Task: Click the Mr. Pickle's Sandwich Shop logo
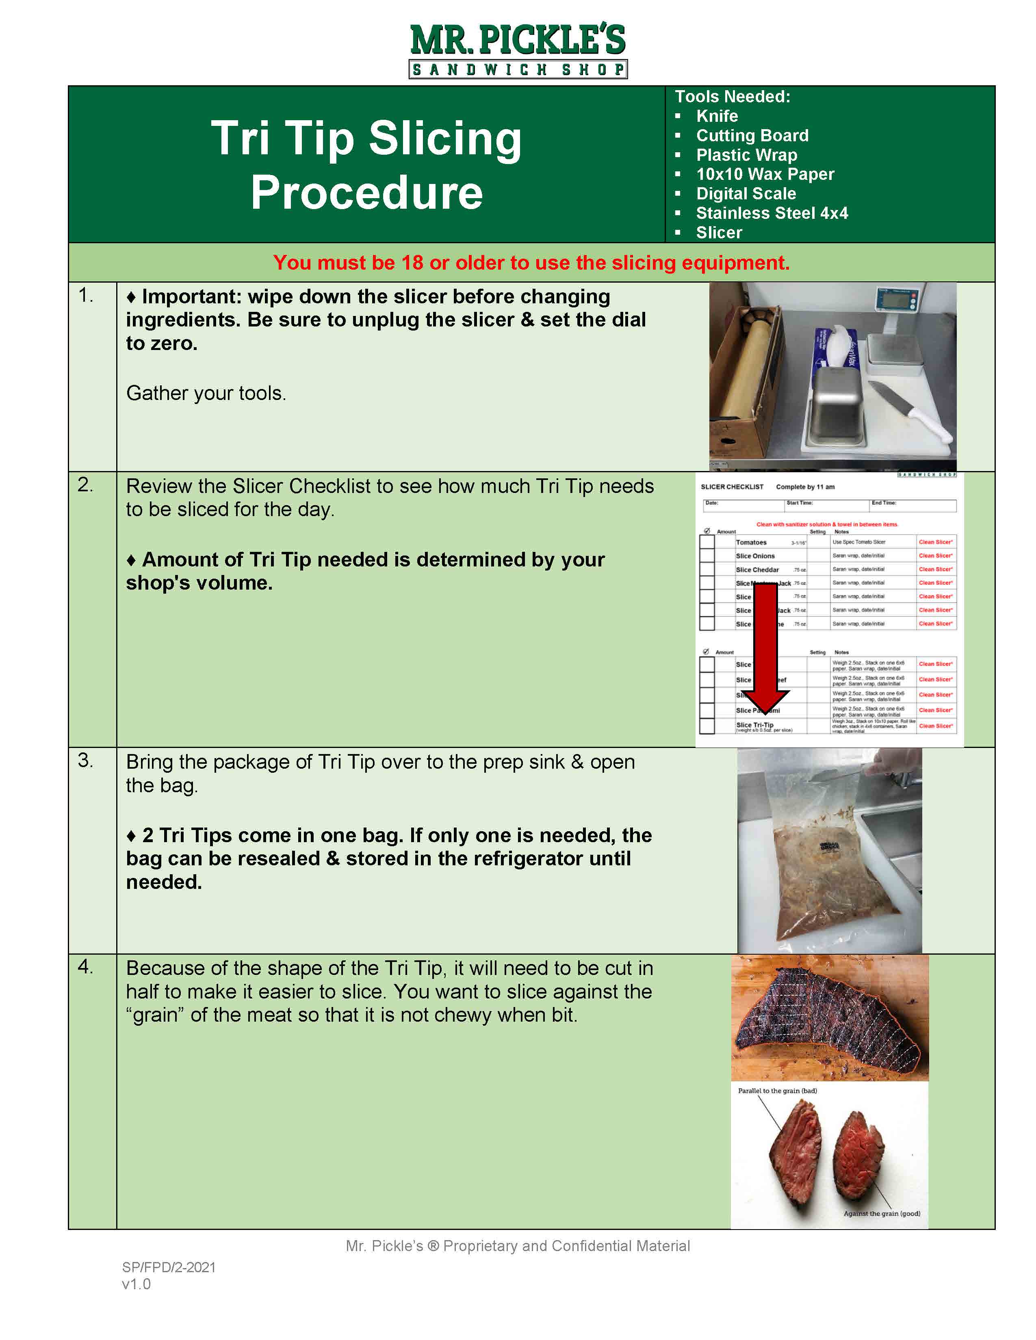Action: [x=518, y=51]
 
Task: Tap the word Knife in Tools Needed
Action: [x=716, y=116]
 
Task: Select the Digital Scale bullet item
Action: [x=746, y=193]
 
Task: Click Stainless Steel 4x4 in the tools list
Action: [x=772, y=213]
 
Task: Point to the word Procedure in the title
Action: [x=366, y=192]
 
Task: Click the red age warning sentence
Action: [x=531, y=263]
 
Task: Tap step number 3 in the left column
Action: [x=85, y=761]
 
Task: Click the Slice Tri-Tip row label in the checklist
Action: [x=754, y=724]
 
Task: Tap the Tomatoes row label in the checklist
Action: [x=751, y=542]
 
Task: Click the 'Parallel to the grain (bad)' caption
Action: [x=777, y=1091]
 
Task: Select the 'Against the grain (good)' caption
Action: [x=881, y=1214]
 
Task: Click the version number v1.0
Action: [x=136, y=1284]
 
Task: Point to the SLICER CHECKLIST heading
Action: [x=732, y=486]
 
